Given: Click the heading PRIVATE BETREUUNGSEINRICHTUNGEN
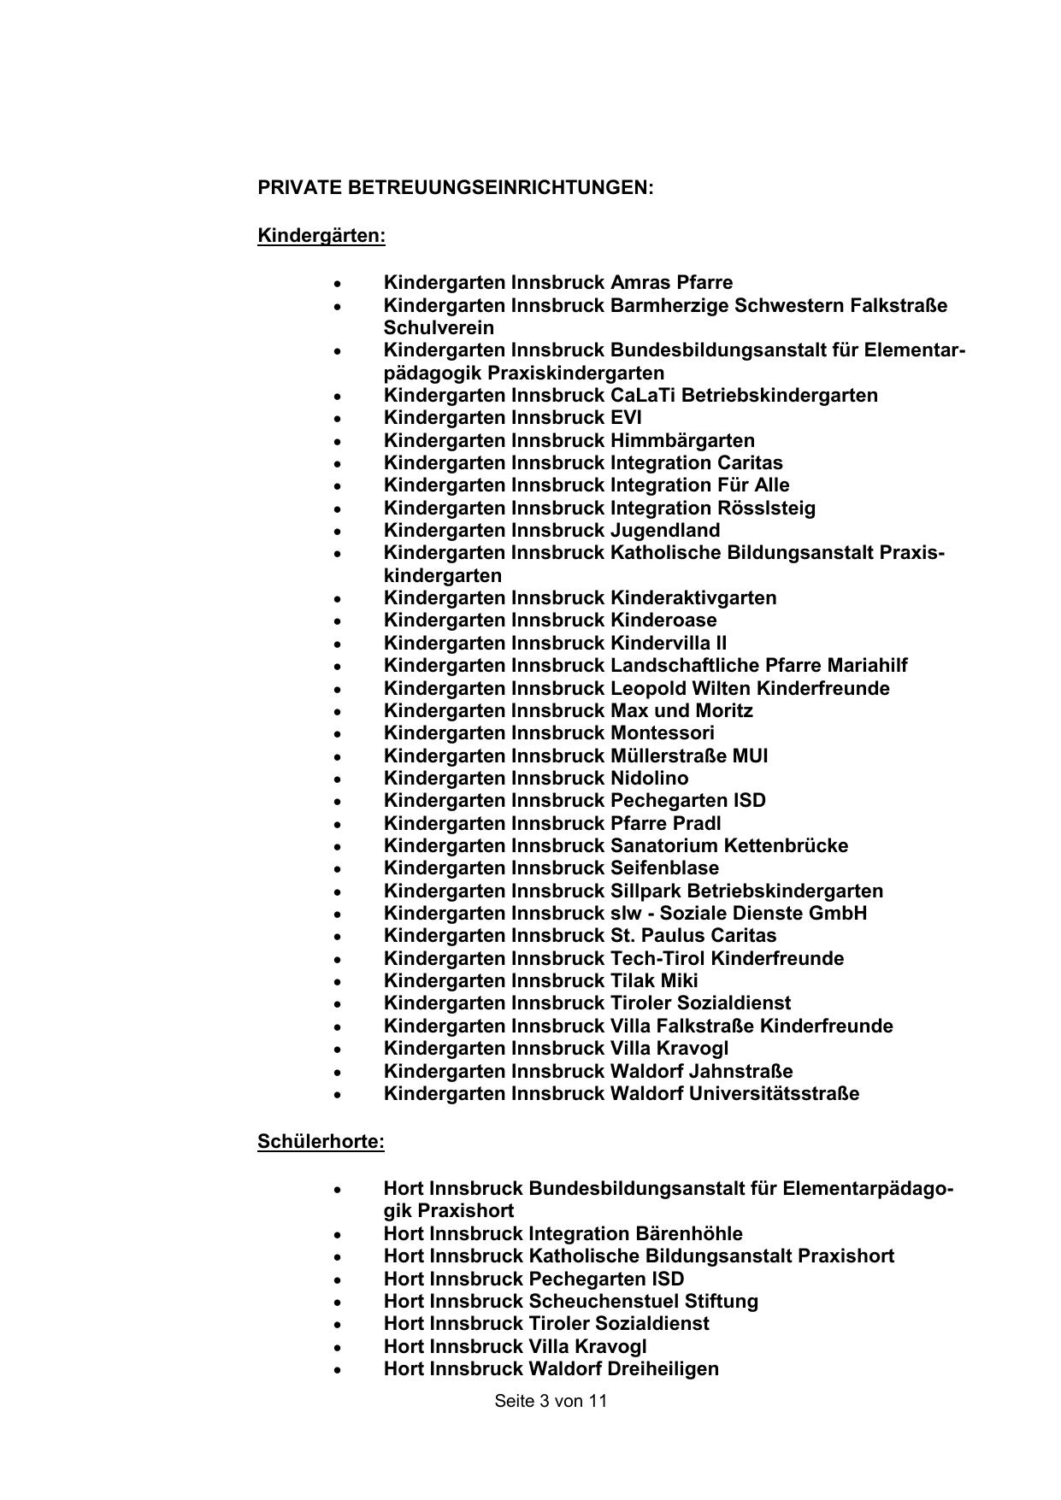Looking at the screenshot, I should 455,188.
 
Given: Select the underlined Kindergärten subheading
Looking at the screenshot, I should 321,236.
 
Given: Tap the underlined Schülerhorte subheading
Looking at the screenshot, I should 321,1142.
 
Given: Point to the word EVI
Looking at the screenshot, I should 626,418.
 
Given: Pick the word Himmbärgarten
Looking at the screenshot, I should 682,441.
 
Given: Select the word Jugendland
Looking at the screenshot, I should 665,531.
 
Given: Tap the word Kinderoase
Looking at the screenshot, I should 663,621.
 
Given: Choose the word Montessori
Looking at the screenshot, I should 663,733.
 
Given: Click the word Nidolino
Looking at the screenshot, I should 649,779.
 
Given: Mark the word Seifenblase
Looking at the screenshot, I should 664,868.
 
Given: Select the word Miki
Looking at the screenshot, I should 679,981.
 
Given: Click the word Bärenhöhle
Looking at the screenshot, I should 689,1234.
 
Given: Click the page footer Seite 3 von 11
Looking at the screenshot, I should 551,1401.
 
